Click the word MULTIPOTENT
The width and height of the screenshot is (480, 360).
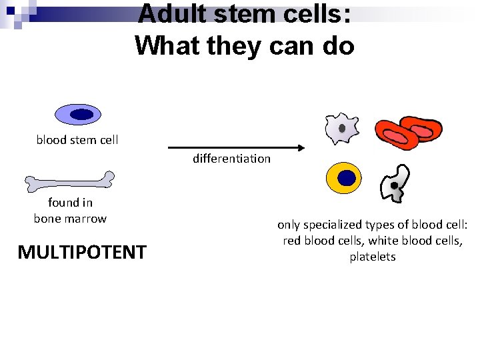(82, 253)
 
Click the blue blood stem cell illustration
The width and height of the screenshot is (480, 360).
(77, 115)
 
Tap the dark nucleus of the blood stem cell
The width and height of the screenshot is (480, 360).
(81, 115)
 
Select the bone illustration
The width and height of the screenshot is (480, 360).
(69, 180)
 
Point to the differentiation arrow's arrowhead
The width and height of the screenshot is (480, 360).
(301, 148)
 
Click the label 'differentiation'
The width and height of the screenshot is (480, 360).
(231, 159)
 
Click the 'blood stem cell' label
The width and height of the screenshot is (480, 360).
(77, 140)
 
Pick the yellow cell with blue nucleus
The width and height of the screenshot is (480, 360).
(344, 178)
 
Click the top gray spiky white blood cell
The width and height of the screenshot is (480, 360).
(341, 128)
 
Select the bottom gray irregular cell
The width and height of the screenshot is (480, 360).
(393, 184)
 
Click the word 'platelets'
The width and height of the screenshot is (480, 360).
(373, 257)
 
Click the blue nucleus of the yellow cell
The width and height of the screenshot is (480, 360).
(346, 178)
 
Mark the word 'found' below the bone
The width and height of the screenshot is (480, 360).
(61, 203)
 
